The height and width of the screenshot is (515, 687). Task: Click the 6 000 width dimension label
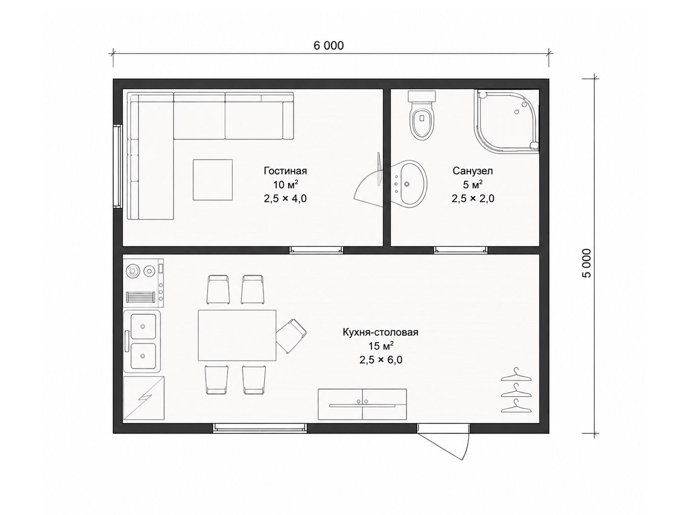pos(328,46)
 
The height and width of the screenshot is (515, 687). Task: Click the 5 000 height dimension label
pos(587,263)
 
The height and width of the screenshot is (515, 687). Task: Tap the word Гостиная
pos(285,171)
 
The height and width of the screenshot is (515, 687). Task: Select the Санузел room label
pos(473,171)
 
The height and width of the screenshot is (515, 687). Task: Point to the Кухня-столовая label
pos(381,332)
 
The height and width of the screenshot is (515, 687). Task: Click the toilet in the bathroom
pos(422,115)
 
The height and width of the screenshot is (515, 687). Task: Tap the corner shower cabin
pos(507,122)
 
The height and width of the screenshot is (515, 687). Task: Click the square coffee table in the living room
pos(212,180)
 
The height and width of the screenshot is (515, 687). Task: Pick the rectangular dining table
pos(237,335)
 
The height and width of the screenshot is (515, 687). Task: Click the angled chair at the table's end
pos(291,336)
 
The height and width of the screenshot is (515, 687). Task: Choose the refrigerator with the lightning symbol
pos(144,398)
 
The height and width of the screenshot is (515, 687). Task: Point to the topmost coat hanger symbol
pos(516,374)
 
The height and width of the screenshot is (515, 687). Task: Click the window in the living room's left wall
pos(117,166)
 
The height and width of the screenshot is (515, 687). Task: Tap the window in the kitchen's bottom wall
pos(260,428)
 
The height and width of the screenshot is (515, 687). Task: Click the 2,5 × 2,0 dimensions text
pos(473,198)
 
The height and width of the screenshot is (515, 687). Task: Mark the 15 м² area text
pos(381,346)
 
